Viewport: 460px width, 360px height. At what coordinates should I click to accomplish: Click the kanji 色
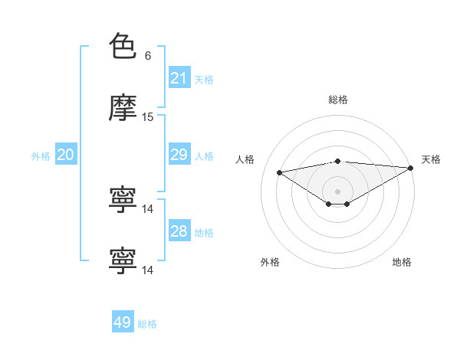pos(123,47)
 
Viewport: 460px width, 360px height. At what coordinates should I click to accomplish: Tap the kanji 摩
pos(123,108)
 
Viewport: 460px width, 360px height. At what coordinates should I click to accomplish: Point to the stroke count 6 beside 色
pos(148,56)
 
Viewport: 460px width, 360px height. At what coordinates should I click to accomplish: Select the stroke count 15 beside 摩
pos(148,117)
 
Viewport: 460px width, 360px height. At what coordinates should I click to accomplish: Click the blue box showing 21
pos(179,78)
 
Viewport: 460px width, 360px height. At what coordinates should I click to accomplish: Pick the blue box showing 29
pos(179,155)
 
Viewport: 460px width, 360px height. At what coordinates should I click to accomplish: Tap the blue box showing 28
pos(179,231)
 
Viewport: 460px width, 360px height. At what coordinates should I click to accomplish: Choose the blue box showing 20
pos(66,155)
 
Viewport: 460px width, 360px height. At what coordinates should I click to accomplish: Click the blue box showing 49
pos(123,322)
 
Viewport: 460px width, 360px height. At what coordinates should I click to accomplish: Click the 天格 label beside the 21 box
pos(204,79)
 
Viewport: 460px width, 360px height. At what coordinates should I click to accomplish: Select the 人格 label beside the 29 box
pos(204,155)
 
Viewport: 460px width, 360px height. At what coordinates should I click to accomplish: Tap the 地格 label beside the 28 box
pos(204,232)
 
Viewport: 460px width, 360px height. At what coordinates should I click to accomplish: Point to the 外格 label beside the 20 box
pos(41,155)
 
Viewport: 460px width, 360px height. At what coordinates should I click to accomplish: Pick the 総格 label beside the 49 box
pos(147,323)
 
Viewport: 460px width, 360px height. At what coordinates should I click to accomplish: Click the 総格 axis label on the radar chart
pos(338,100)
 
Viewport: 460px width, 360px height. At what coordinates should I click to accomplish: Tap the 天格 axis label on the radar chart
pos(431,159)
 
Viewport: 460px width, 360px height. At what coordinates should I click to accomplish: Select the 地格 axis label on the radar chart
pos(402,262)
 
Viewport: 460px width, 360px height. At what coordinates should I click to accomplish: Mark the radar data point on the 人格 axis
pos(280,172)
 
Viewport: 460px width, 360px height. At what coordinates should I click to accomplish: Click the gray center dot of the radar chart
pos(337,191)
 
